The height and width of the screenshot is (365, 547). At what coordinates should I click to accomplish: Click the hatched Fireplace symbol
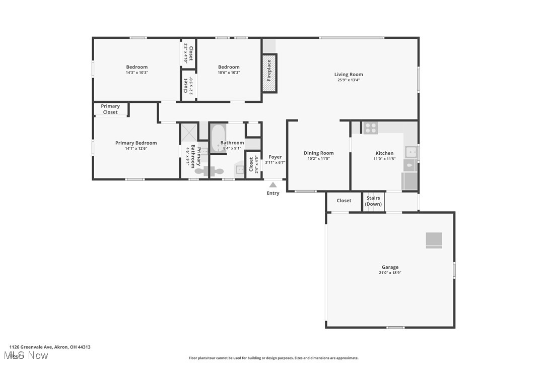coord(269,73)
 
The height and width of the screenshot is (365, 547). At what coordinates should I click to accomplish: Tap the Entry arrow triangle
coord(272,185)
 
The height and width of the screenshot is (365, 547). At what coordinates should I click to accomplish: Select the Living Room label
coord(349,75)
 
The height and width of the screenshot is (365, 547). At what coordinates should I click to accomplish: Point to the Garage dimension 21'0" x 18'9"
coord(390,273)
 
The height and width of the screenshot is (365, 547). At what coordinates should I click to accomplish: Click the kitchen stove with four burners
coord(371,128)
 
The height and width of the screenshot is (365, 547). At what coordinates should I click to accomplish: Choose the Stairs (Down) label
coord(373,201)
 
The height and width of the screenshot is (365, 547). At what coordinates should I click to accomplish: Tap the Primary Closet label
coord(110,109)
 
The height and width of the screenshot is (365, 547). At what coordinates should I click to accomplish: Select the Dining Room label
coord(318,153)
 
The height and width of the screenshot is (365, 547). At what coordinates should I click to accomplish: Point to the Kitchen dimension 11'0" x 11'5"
coord(384,159)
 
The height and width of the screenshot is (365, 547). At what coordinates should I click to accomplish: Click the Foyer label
coord(275,157)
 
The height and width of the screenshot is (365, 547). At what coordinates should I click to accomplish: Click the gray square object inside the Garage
coord(434,240)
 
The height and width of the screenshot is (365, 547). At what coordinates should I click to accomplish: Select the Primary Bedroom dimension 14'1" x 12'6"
coord(136,149)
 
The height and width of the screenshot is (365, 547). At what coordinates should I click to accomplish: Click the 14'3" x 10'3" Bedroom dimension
coord(136,73)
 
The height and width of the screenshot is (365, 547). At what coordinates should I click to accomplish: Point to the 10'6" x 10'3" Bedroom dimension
coord(229,73)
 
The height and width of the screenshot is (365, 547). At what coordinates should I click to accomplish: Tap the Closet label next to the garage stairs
coord(344,201)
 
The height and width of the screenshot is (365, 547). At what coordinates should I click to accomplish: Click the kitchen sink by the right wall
coord(411,151)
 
